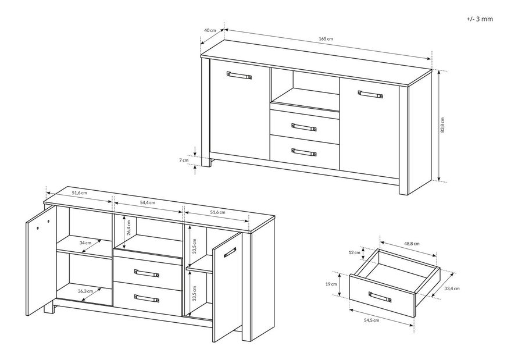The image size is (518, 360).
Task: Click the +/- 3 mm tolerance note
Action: tap(480, 19)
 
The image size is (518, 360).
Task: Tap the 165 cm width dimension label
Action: tap(326, 39)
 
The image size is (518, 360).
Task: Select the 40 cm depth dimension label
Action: tap(210, 30)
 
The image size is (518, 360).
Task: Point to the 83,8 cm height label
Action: tap(442, 125)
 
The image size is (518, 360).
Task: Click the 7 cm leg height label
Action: tap(184, 160)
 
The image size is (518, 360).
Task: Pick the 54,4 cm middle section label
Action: tap(148, 202)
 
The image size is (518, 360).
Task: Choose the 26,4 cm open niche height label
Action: tap(129, 227)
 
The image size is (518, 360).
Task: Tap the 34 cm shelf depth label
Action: tap(85, 243)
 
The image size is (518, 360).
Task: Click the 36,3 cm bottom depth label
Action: tap(85, 291)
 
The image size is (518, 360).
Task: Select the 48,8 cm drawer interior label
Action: tap(412, 244)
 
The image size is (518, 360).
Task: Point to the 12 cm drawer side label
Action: tap(355, 252)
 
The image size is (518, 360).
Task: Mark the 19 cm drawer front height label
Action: tap(331, 284)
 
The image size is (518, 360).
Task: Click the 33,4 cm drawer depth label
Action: tap(452, 288)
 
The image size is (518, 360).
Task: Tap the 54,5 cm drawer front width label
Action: tap(371, 320)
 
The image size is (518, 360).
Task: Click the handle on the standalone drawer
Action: tap(380, 297)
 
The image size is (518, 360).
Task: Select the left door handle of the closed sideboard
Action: tap(239, 75)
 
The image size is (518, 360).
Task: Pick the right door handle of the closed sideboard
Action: tap(370, 94)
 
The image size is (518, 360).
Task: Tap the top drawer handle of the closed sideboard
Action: tap(304, 127)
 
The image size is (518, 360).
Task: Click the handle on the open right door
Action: tap(230, 252)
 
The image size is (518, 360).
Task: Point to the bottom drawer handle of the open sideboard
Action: tap(147, 298)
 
